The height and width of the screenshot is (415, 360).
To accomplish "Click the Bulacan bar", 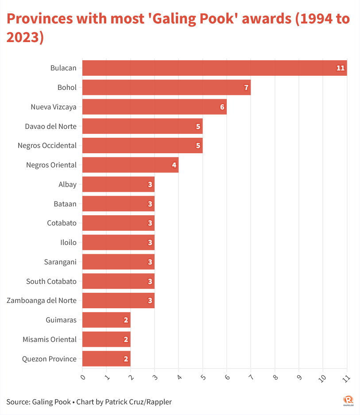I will coord(214,68).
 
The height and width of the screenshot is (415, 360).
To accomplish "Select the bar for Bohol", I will coord(166,87).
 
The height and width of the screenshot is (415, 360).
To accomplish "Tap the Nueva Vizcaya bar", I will coord(155,107).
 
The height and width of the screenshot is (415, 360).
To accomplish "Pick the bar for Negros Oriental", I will coord(130,165).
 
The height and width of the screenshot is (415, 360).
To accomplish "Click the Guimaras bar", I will coord(106,320).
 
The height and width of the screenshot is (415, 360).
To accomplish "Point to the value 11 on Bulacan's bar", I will coord(340,68).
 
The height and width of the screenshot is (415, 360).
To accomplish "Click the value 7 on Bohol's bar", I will coord(246,88).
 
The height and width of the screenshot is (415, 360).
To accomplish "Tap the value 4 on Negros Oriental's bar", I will coord(174,165).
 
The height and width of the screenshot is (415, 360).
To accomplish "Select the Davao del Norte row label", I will coord(50,126).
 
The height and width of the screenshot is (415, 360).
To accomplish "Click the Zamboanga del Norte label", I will coord(42,300).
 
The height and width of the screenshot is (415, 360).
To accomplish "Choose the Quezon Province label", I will coord(49,359).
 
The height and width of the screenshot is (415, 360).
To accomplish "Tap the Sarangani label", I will coord(60,262).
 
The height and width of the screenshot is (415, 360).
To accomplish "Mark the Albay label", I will coord(67,184).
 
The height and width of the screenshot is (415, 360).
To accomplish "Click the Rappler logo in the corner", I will coord(348,400).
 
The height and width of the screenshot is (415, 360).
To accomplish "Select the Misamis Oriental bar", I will coord(106,339).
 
